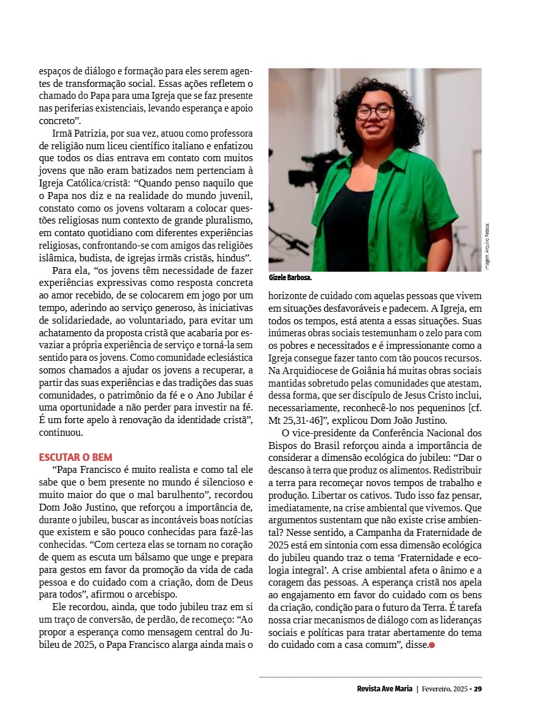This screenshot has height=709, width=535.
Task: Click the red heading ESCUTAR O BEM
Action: [76, 457]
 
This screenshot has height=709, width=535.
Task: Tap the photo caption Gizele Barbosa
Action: [290, 277]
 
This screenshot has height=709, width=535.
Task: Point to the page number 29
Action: [478, 688]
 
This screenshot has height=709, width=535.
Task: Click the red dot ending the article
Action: [432, 645]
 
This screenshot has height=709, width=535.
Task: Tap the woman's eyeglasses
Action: [375, 112]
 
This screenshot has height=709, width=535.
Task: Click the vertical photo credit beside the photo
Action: [487, 246]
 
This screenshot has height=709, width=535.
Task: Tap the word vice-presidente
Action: [323, 433]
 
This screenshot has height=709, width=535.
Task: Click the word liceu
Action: [124, 147]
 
